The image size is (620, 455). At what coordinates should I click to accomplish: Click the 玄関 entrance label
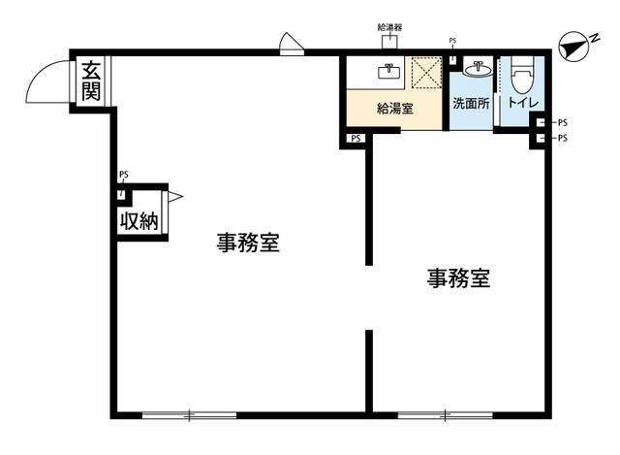coord(91,81)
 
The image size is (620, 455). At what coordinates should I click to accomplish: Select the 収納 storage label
coord(138,220)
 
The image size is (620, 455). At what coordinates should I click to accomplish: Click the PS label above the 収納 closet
coord(123,176)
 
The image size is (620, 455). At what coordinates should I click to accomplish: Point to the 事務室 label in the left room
coord(248,244)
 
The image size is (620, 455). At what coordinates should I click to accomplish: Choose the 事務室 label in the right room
coord(458,279)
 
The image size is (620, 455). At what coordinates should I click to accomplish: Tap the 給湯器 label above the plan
coord(389,29)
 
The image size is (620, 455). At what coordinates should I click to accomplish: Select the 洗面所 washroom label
coord(472,104)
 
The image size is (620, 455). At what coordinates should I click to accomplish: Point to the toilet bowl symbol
coord(522,75)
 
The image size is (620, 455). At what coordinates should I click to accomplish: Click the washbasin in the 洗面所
coord(476,68)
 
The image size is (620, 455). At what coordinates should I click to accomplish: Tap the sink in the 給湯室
coord(389,70)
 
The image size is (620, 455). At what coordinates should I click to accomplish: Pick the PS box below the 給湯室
coord(356,139)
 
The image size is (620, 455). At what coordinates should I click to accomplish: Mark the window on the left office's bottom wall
coord(189,415)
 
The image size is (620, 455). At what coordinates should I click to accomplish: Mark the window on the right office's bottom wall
coord(445,415)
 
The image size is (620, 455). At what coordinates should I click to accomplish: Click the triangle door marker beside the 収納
coord(174,197)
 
